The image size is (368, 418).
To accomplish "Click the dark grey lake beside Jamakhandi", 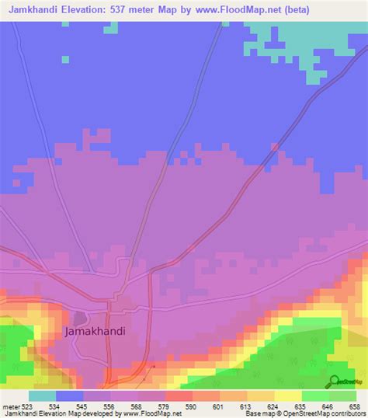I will [x=80, y=318].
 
